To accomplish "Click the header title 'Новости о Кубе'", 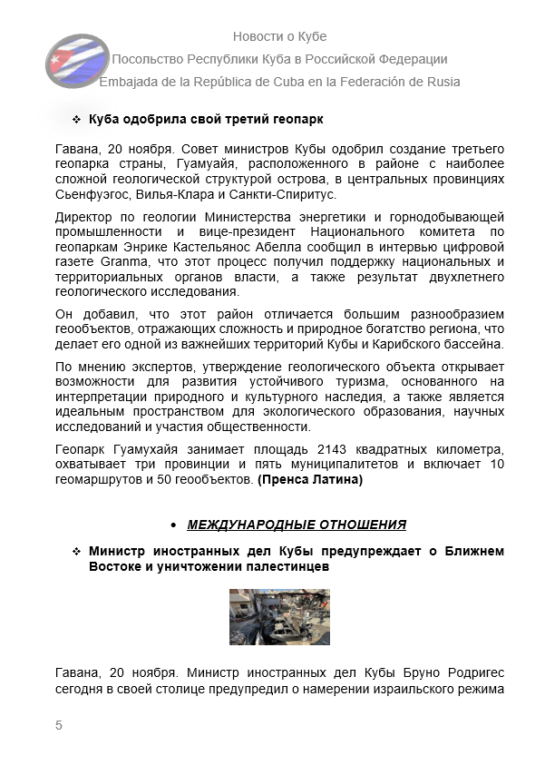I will (x=279, y=36).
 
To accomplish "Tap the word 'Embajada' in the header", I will (x=132, y=82).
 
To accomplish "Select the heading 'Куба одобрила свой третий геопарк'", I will (x=206, y=120).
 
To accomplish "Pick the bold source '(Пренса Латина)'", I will (x=310, y=480).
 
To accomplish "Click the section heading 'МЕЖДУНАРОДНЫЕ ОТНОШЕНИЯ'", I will (x=297, y=525).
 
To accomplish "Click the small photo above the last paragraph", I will (x=279, y=616).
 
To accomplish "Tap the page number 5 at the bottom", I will (x=59, y=724).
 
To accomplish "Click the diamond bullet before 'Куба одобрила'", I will (x=76, y=120).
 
